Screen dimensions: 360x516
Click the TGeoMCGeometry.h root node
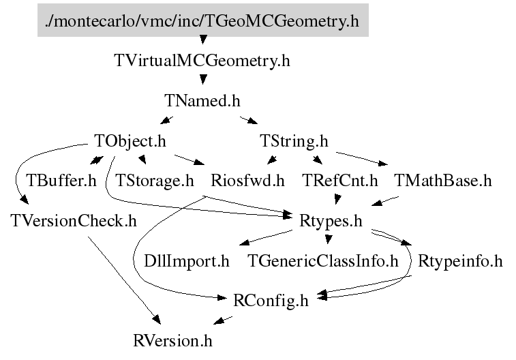pos(202,21)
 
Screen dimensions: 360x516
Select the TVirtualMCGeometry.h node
pos(202,61)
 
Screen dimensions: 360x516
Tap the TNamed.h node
pos(202,102)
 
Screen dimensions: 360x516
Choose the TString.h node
pos(294,142)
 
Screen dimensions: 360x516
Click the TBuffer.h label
pos(61,181)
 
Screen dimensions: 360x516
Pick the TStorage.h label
pos(155,181)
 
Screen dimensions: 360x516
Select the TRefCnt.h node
pos(339,181)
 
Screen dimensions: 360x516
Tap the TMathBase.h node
pos(442,181)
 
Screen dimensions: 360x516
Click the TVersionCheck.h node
pos(74,221)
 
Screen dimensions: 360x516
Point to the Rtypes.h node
pos(331,221)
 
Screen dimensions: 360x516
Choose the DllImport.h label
pos(187,260)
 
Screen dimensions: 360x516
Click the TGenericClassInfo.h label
pos(322,260)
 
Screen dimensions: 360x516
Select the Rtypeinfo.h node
pos(460,260)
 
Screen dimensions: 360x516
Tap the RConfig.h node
pos(271,300)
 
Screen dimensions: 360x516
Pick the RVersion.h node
pos(177,339)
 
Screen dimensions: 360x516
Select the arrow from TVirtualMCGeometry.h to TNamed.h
pos(202,80)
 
